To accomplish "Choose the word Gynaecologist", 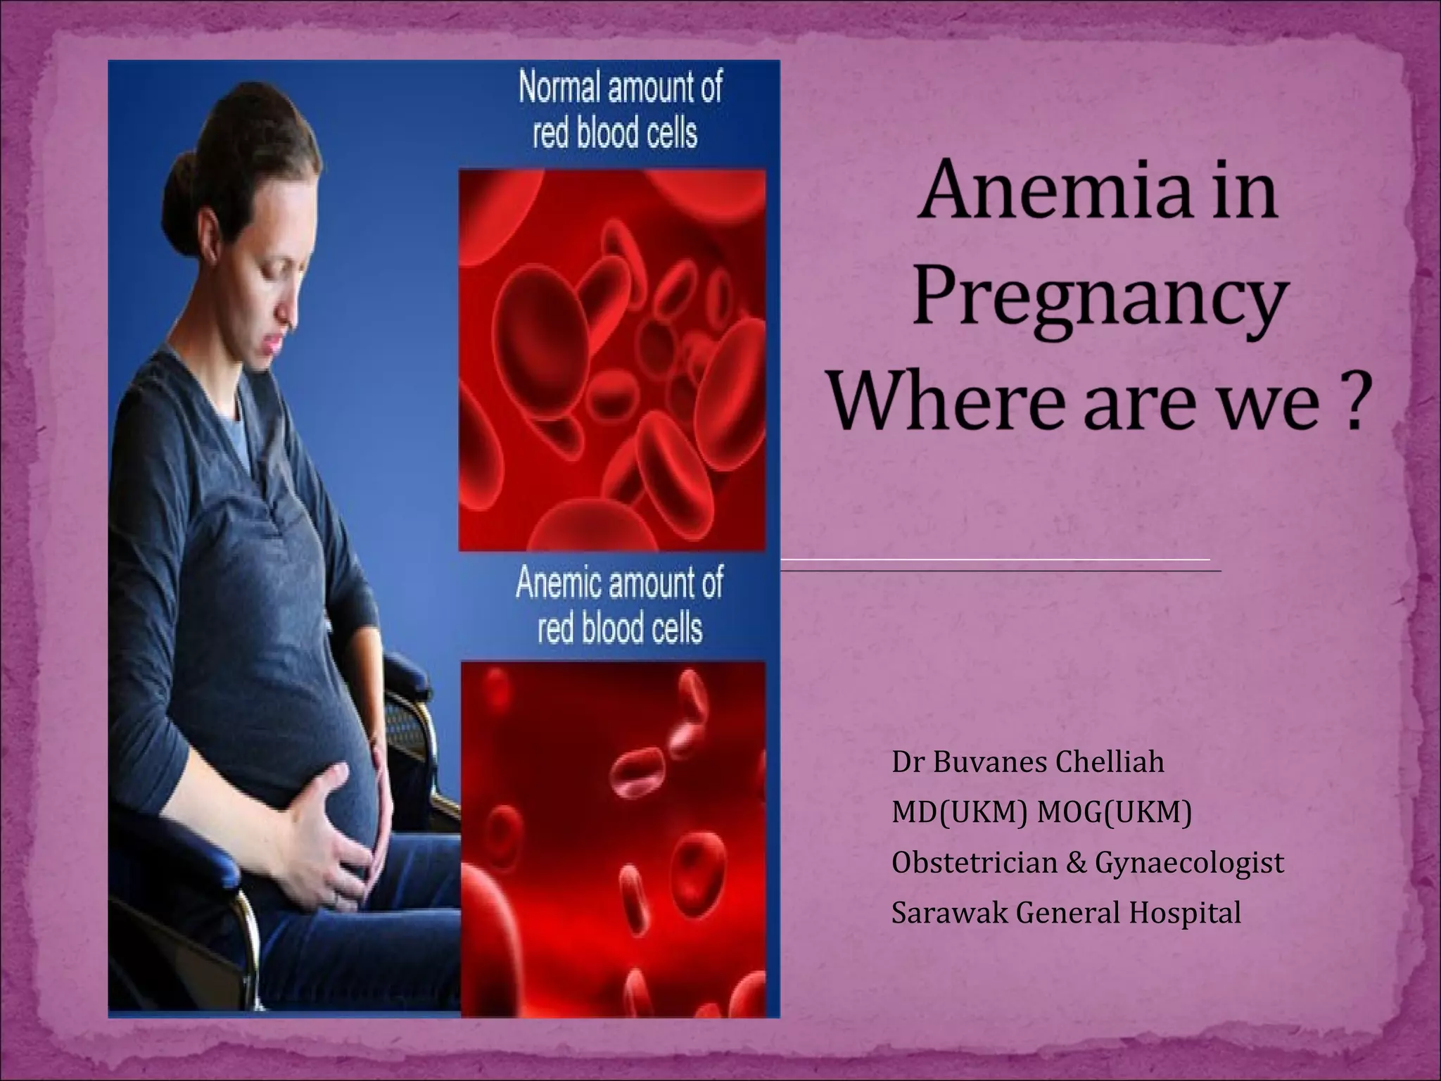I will (1190, 864).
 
